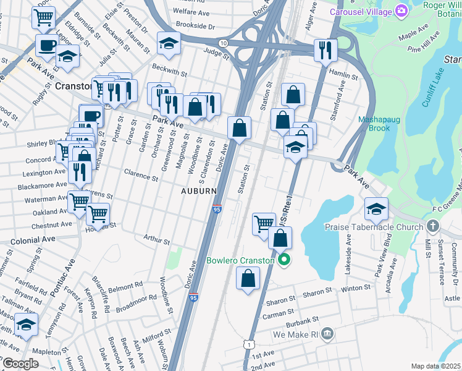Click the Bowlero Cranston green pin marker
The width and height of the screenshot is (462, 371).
[284, 260]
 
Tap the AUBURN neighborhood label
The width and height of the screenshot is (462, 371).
[198, 192]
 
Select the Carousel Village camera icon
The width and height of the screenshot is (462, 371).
[402, 11]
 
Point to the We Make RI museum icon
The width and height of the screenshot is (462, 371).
[327, 335]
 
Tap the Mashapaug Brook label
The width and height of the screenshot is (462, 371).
[374, 124]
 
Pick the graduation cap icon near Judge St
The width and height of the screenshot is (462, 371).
[168, 43]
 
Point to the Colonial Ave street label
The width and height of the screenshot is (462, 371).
[32, 238]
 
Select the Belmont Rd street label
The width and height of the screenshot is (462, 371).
[125, 288]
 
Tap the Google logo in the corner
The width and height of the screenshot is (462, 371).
[20, 364]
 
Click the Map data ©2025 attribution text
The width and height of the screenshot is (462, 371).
[435, 366]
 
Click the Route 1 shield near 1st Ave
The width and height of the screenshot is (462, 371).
[248, 343]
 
